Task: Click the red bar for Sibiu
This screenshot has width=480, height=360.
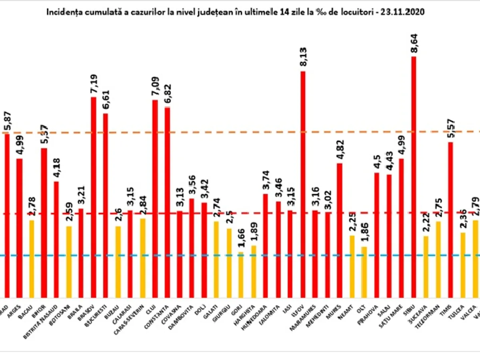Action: click(414, 176)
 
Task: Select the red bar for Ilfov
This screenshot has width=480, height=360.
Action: click(303, 184)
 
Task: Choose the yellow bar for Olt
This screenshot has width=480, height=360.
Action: click(364, 272)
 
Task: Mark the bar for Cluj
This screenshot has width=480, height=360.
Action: click(155, 198)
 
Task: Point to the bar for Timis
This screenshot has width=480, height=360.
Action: click(450, 220)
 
